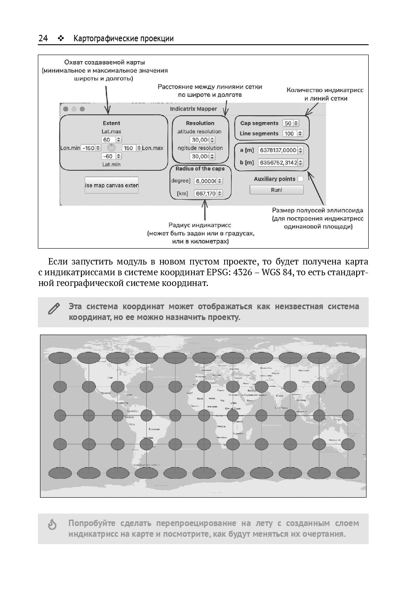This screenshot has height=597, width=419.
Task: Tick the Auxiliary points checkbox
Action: (300, 179)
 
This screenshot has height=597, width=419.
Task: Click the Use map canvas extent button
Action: (111, 185)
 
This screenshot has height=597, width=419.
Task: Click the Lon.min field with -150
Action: (88, 148)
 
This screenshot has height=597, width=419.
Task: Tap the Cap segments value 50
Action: (288, 123)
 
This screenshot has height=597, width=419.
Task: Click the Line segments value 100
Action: (290, 134)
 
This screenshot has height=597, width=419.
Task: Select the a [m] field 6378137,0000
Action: (278, 150)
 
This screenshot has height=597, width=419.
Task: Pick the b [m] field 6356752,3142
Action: (278, 163)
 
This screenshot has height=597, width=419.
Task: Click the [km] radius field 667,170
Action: (206, 194)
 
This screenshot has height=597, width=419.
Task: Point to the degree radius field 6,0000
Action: (206, 181)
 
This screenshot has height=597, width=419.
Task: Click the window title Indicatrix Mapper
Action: (194, 109)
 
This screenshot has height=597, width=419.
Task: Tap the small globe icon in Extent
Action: (111, 148)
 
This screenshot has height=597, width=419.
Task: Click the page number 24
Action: (43, 39)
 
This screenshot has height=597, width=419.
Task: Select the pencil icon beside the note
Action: (54, 308)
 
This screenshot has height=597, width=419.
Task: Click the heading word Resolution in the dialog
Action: (200, 123)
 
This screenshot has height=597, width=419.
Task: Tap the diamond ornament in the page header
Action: (61, 39)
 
